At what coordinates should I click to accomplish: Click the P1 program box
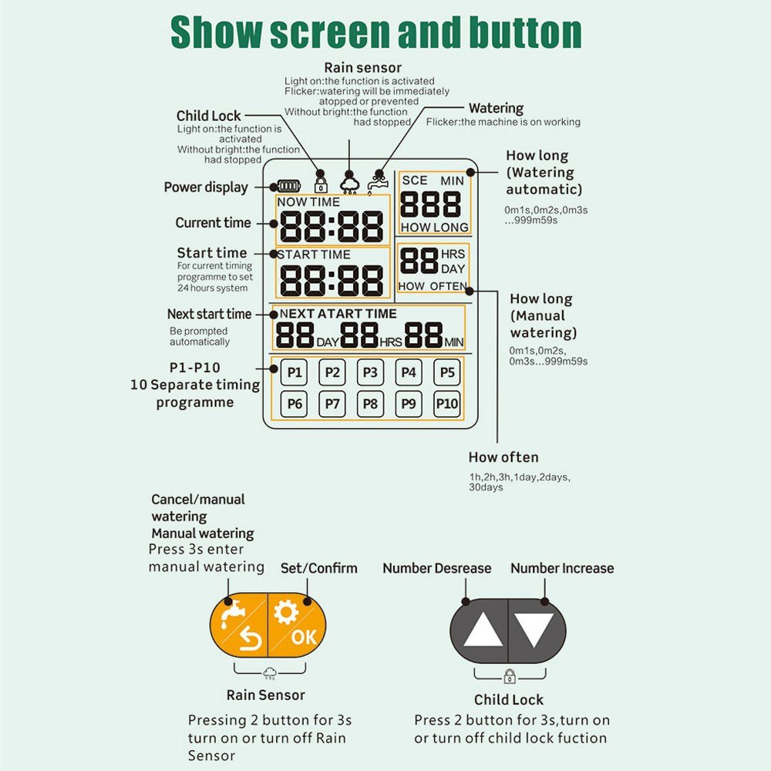click(294, 372)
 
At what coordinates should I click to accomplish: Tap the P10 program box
click(447, 404)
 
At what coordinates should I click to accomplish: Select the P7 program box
click(332, 404)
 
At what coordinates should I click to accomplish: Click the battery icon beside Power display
click(289, 186)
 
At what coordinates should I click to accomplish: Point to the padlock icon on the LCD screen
click(321, 185)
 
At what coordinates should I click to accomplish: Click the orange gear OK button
click(297, 625)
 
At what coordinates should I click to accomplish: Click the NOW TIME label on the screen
click(308, 202)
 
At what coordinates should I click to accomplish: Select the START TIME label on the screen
click(314, 254)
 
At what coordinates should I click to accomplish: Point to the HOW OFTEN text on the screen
click(433, 286)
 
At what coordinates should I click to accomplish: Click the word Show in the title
click(216, 32)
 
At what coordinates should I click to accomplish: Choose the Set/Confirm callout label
click(318, 568)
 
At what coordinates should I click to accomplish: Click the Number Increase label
click(562, 568)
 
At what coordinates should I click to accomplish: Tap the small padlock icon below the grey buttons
click(510, 676)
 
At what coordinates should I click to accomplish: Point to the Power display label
click(206, 187)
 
